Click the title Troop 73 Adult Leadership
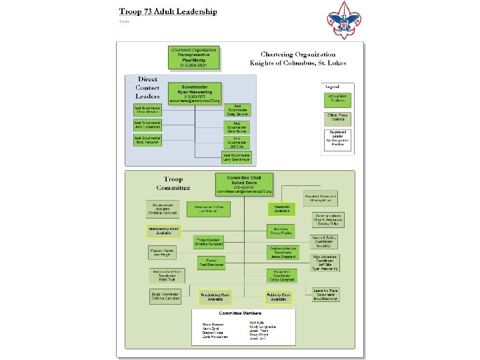click(x=167, y=11)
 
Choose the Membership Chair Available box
click(x=164, y=231)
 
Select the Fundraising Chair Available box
click(x=215, y=297)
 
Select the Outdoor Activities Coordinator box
click(x=283, y=252)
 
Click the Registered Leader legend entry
click(x=337, y=139)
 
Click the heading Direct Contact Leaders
click(x=147, y=87)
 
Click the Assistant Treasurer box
click(x=321, y=198)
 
